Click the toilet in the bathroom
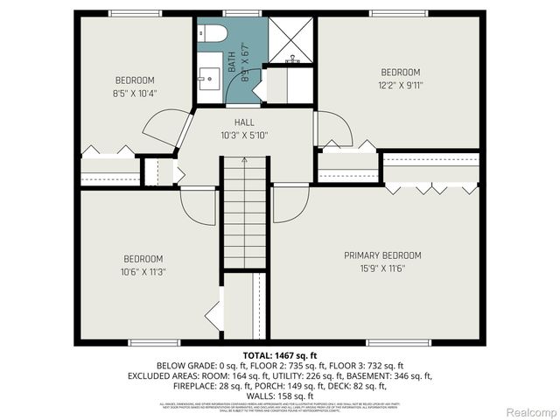coord(213,33)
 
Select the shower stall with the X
coord(290,38)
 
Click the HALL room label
coord(244,122)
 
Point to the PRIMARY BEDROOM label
coord(382,255)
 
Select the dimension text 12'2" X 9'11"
coord(400,85)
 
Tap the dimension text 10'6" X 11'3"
coord(142,271)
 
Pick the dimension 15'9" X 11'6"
coord(382,268)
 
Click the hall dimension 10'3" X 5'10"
coord(244,135)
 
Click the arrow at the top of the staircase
coord(245,162)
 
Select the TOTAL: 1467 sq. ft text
coord(279,354)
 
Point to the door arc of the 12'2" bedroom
coord(334,129)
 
